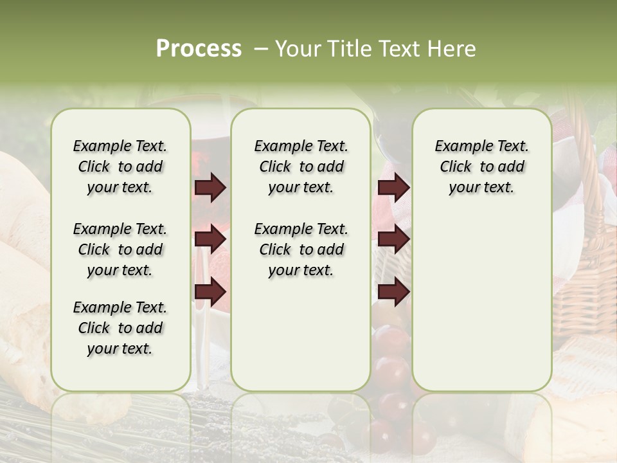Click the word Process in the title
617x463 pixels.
tap(199, 49)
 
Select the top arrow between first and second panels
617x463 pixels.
tap(210, 188)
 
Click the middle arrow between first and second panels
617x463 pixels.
tap(210, 240)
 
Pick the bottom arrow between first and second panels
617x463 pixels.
tap(210, 293)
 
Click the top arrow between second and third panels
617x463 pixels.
tap(393, 188)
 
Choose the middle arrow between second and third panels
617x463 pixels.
tap(393, 240)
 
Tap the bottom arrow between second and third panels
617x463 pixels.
tap(393, 293)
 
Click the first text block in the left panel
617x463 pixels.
tap(120, 167)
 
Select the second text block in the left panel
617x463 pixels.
tap(120, 250)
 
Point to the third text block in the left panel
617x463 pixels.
tap(120, 328)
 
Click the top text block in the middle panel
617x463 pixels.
tap(301, 167)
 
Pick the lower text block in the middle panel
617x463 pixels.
tap(301, 250)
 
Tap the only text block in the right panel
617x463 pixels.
tap(481, 167)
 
